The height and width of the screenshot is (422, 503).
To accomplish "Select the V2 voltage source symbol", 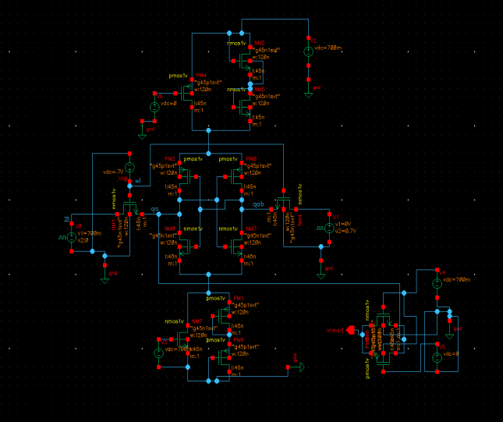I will coord(308,48).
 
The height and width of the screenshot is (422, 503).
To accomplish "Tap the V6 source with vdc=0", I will coord(154,106).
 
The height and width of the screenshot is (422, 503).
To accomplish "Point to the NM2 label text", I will coord(260,43).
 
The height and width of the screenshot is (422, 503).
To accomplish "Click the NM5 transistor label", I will coord(260,89).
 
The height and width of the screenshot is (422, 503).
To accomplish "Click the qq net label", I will coord(155,211).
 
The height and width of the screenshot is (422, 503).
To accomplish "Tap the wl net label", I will coord(137,181).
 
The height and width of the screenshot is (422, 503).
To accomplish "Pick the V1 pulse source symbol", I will coord(329,229).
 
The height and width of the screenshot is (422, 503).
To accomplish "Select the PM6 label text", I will coord(238,341).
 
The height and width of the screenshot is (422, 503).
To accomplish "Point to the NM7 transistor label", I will coord(198,321).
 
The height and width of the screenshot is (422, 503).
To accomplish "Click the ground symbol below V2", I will coord(308,93).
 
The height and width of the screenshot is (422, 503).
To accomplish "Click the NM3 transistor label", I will coord(250,229).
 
